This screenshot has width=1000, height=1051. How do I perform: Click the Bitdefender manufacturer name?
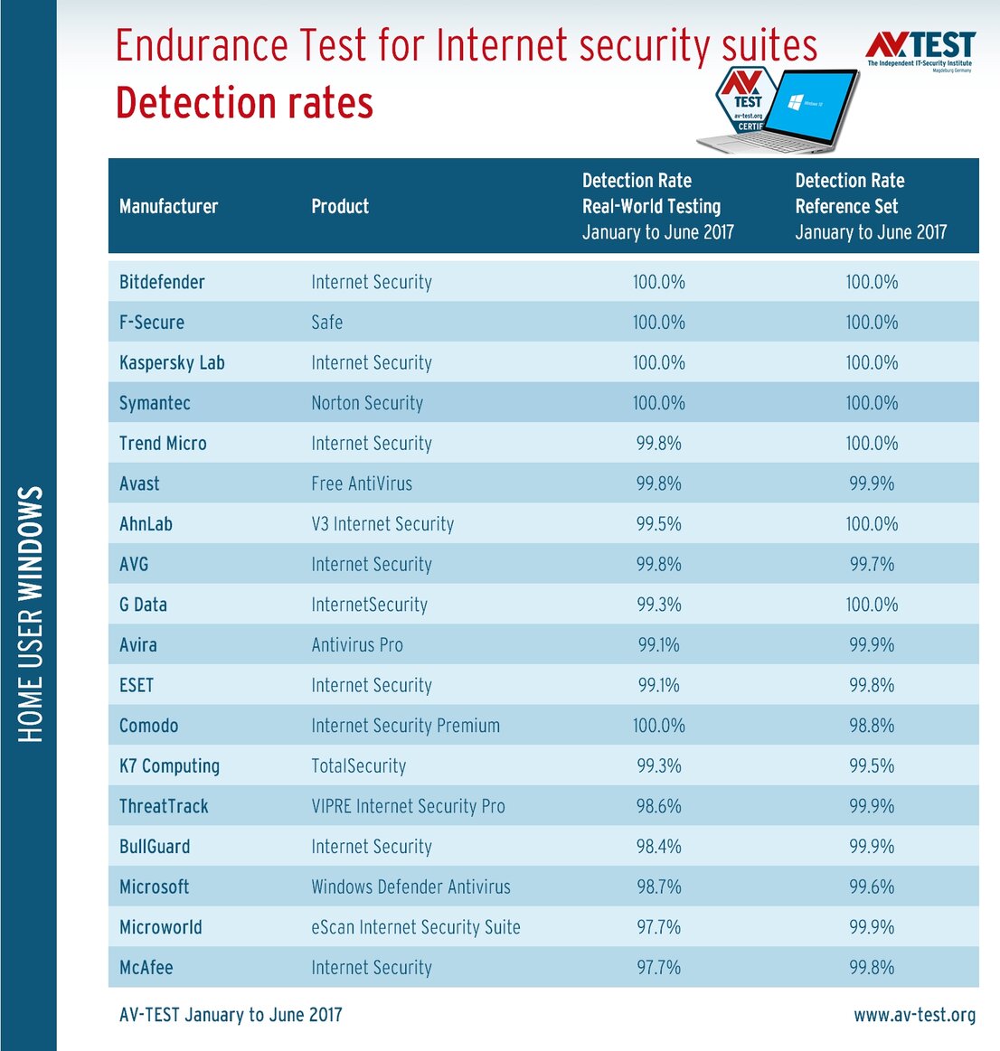(x=162, y=282)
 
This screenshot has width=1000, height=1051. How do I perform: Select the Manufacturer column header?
(x=168, y=207)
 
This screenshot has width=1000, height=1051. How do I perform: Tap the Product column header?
(x=340, y=207)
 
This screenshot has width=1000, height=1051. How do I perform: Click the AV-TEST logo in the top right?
(x=920, y=50)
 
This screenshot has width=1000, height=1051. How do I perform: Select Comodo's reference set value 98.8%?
(x=871, y=726)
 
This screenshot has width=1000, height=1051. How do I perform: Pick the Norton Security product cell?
(x=367, y=403)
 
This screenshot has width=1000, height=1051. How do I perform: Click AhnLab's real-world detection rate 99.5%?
(x=658, y=524)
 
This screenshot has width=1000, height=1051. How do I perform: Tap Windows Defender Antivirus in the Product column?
(x=410, y=887)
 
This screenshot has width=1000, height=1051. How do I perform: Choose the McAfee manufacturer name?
(x=146, y=968)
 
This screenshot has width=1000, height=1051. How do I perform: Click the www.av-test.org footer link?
(x=914, y=1015)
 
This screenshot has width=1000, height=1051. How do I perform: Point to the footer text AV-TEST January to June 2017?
(x=231, y=1015)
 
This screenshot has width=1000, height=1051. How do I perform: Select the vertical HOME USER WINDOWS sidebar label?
(x=31, y=615)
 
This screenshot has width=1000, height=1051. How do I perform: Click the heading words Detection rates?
(x=244, y=103)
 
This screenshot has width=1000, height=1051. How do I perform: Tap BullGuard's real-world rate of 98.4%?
(x=658, y=847)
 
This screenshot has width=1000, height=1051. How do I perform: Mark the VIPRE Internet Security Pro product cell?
(x=408, y=806)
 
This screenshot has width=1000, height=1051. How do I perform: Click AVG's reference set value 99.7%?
(x=871, y=565)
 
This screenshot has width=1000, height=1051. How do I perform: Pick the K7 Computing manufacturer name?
(x=169, y=766)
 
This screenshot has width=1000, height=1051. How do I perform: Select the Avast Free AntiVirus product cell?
(x=362, y=483)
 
